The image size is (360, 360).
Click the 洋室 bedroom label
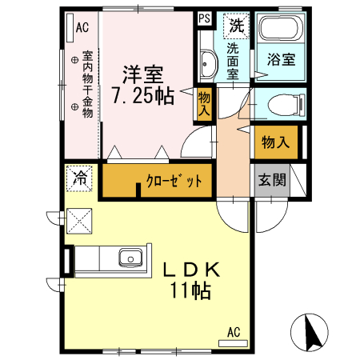(144, 75)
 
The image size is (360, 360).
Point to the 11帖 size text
(191, 291)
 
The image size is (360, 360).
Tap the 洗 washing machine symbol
(236, 25)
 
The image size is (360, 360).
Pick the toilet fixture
(283, 104)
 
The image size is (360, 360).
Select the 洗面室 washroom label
(234, 59)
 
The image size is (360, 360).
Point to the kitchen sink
(129, 258)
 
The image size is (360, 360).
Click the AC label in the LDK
(234, 332)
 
